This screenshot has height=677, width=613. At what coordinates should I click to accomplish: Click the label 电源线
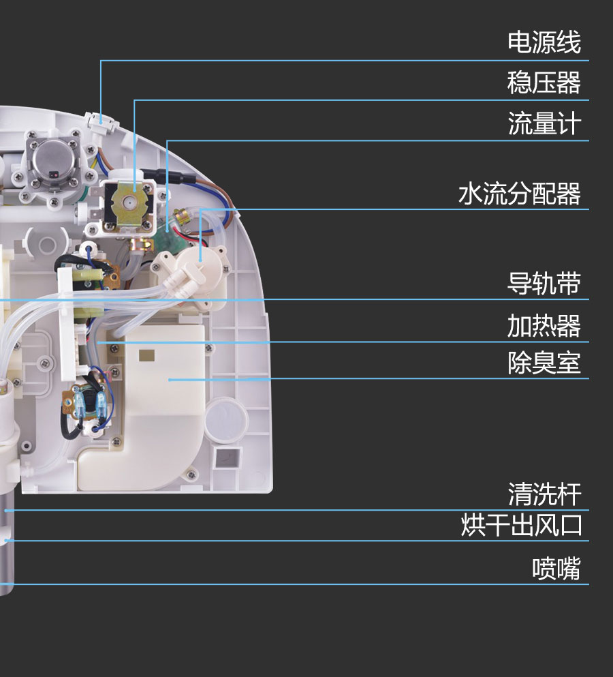pyautogui.click(x=544, y=42)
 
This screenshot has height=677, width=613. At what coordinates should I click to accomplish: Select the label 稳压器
pyautogui.click(x=544, y=82)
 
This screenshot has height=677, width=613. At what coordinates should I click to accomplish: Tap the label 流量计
pyautogui.click(x=544, y=123)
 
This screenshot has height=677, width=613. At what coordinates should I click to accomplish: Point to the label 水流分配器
pyautogui.click(x=520, y=194)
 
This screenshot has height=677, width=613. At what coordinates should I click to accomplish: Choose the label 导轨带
pyautogui.click(x=544, y=283)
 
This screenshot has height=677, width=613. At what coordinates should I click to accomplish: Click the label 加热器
pyautogui.click(x=544, y=326)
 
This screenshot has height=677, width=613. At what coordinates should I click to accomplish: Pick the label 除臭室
pyautogui.click(x=544, y=363)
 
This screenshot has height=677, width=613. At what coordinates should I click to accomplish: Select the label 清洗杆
pyautogui.click(x=544, y=494)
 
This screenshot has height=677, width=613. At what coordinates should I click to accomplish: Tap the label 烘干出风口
pyautogui.click(x=521, y=525)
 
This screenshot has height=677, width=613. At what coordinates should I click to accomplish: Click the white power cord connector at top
pyautogui.click(x=101, y=122)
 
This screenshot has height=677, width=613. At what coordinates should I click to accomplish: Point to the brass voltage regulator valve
pyautogui.click(x=129, y=202)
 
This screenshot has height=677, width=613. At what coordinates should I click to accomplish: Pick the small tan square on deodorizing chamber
pyautogui.click(x=146, y=355)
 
